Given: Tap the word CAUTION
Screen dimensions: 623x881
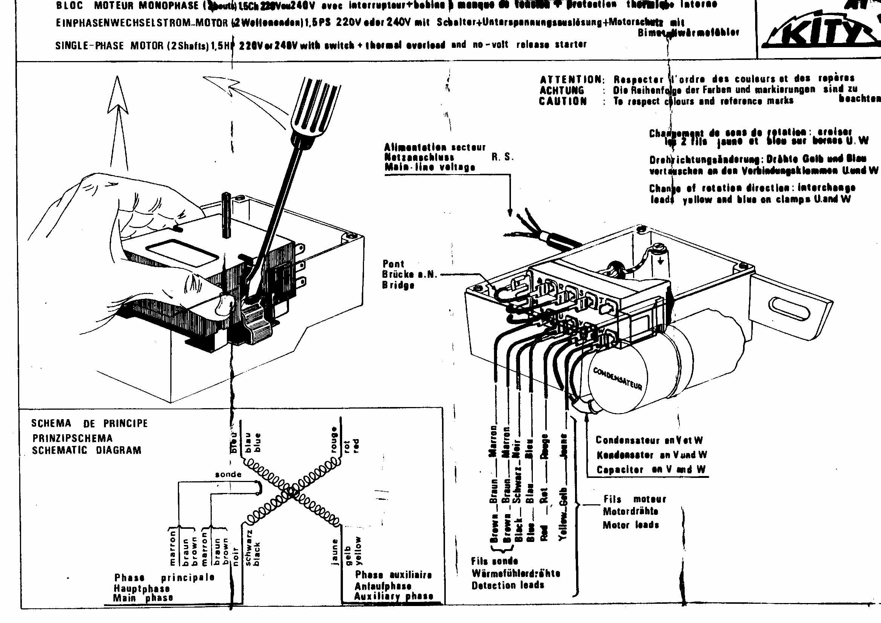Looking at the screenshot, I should (x=563, y=101).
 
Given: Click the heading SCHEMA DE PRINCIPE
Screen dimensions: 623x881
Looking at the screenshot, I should (x=89, y=423).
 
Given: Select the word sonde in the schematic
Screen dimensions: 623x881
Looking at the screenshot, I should (x=228, y=475).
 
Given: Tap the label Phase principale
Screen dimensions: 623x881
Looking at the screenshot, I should (x=164, y=578).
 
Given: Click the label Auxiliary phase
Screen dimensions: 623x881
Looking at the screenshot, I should (x=393, y=596).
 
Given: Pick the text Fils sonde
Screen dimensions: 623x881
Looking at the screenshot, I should (x=494, y=561).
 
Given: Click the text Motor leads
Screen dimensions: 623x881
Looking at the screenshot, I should (x=631, y=525).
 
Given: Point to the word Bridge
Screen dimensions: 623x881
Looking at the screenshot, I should (x=398, y=285).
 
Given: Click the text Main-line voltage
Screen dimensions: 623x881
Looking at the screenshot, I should (x=430, y=167).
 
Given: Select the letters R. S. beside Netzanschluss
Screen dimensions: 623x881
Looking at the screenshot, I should (x=502, y=157).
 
